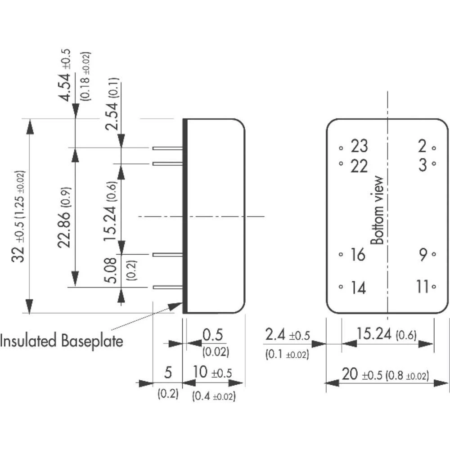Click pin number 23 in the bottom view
[x=359, y=146]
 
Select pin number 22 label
[x=359, y=166]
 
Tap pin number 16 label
[x=358, y=255]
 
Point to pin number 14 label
[x=358, y=288]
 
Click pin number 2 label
[x=422, y=146]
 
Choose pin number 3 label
[x=422, y=165]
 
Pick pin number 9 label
[x=423, y=255]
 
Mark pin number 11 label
[x=422, y=287]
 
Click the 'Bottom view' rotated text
[x=377, y=210]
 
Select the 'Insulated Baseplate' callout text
[x=61, y=341]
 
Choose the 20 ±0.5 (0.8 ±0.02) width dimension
[x=385, y=375]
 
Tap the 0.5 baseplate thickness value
[x=213, y=335]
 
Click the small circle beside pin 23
[x=341, y=147]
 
